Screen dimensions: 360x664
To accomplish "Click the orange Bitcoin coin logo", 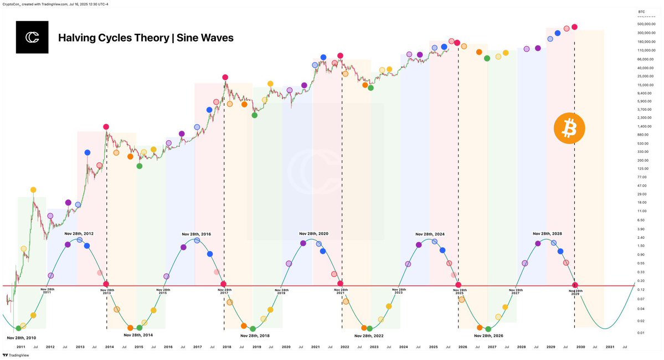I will click(569, 130).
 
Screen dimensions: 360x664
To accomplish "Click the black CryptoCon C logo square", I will click(32, 37).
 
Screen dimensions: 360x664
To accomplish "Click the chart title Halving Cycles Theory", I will click(146, 38).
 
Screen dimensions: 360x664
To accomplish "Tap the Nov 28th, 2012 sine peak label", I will click(79, 234).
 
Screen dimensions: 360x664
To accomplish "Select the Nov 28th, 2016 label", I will click(196, 234).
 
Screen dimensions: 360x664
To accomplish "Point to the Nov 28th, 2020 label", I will click(313, 234).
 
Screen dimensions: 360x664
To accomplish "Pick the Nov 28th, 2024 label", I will click(430, 234).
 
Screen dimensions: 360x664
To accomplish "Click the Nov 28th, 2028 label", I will click(547, 234).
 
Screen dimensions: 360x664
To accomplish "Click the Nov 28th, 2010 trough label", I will click(22, 337).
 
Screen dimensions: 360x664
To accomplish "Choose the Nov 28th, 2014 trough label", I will click(138, 335).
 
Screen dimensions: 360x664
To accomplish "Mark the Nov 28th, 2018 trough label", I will click(255, 336).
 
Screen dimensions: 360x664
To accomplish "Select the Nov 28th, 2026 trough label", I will click(488, 336).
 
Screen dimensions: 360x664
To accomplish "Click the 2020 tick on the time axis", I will click(286, 347).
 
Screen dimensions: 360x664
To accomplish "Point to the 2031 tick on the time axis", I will click(609, 347).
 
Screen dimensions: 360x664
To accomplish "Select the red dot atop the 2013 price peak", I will click(106, 127).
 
